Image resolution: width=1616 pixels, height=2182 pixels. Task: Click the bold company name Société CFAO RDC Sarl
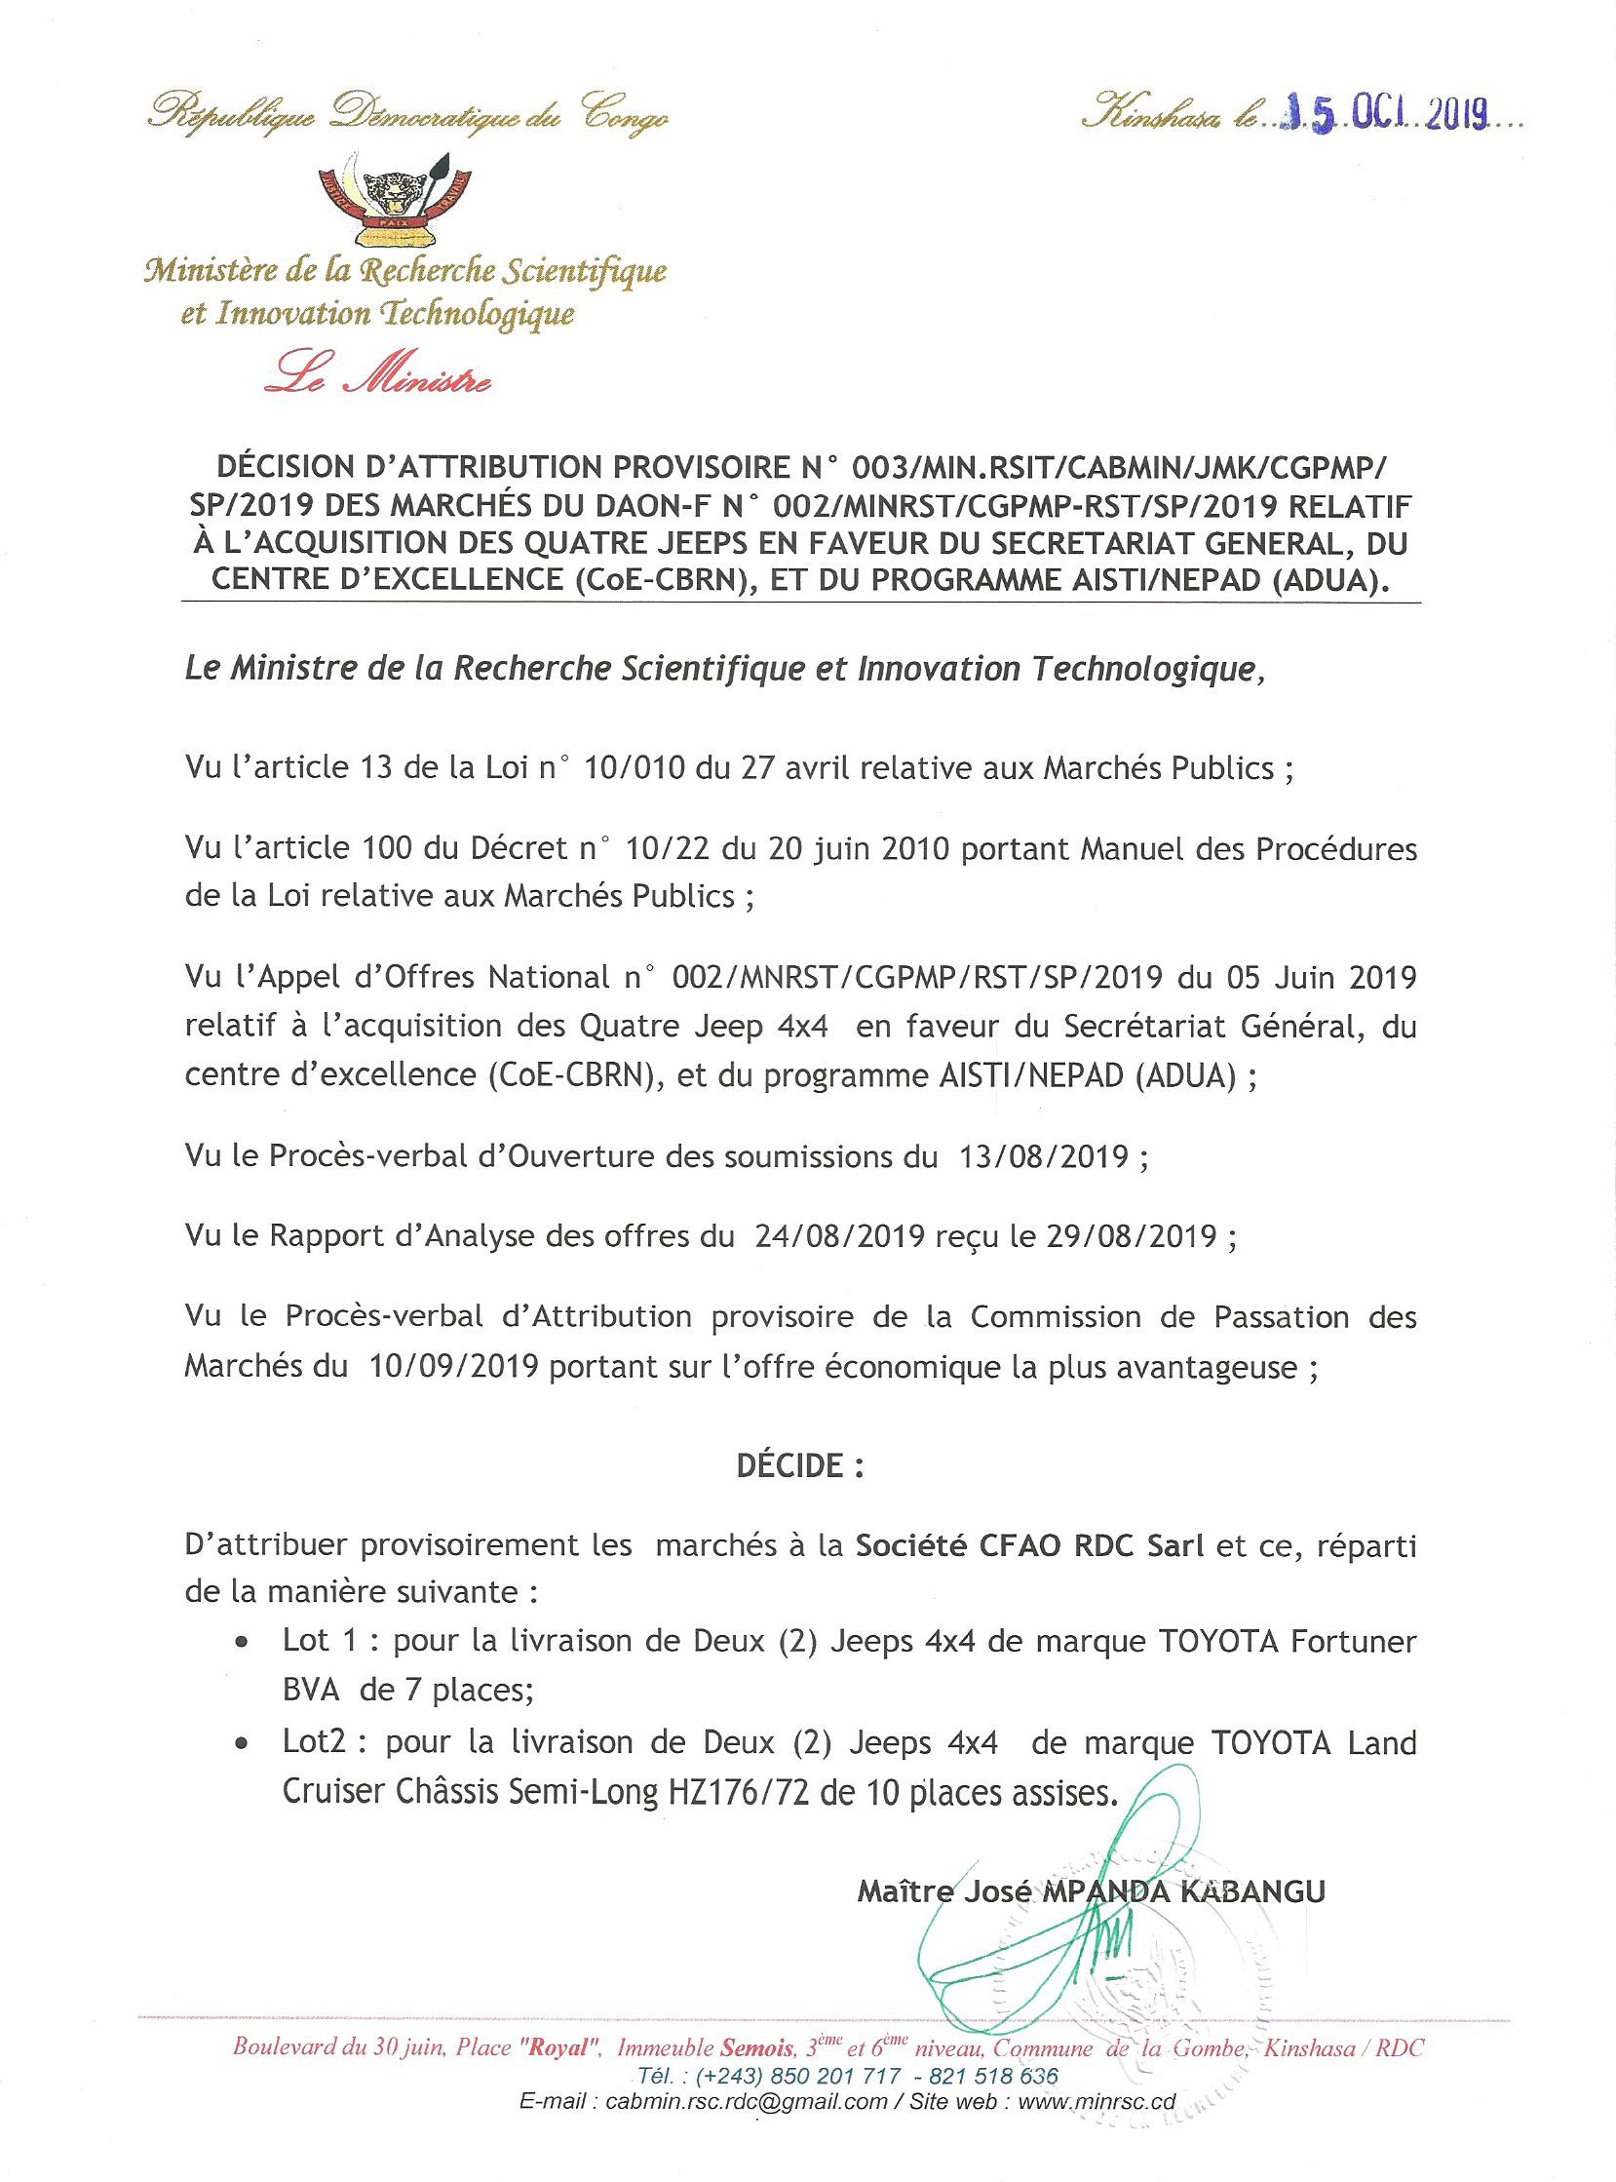[x=1029, y=1545]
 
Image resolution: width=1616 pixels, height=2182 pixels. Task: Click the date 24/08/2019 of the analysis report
[x=839, y=1237]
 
